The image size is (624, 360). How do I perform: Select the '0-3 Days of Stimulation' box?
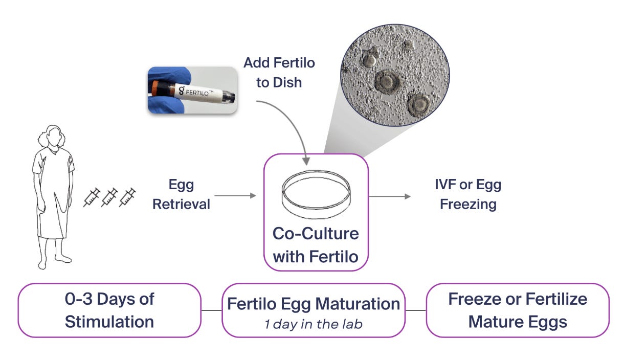[109, 310]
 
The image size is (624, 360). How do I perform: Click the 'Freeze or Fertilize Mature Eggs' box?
[518, 310]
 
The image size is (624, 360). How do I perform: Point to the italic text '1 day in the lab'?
[314, 324]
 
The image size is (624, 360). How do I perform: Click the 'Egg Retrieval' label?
[182, 195]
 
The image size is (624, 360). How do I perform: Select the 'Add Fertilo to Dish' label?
[279, 72]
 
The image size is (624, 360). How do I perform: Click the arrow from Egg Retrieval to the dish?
[235, 195]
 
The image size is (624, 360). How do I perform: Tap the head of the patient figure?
[53, 137]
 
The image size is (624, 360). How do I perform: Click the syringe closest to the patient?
[92, 197]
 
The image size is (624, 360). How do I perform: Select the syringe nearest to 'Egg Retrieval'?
[128, 197]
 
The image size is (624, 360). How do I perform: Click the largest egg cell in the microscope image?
[387, 81]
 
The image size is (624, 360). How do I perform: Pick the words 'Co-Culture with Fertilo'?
[316, 244]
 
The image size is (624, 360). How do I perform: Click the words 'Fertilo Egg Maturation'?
[314, 304]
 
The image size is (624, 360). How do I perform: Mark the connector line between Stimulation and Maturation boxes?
[211, 310]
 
